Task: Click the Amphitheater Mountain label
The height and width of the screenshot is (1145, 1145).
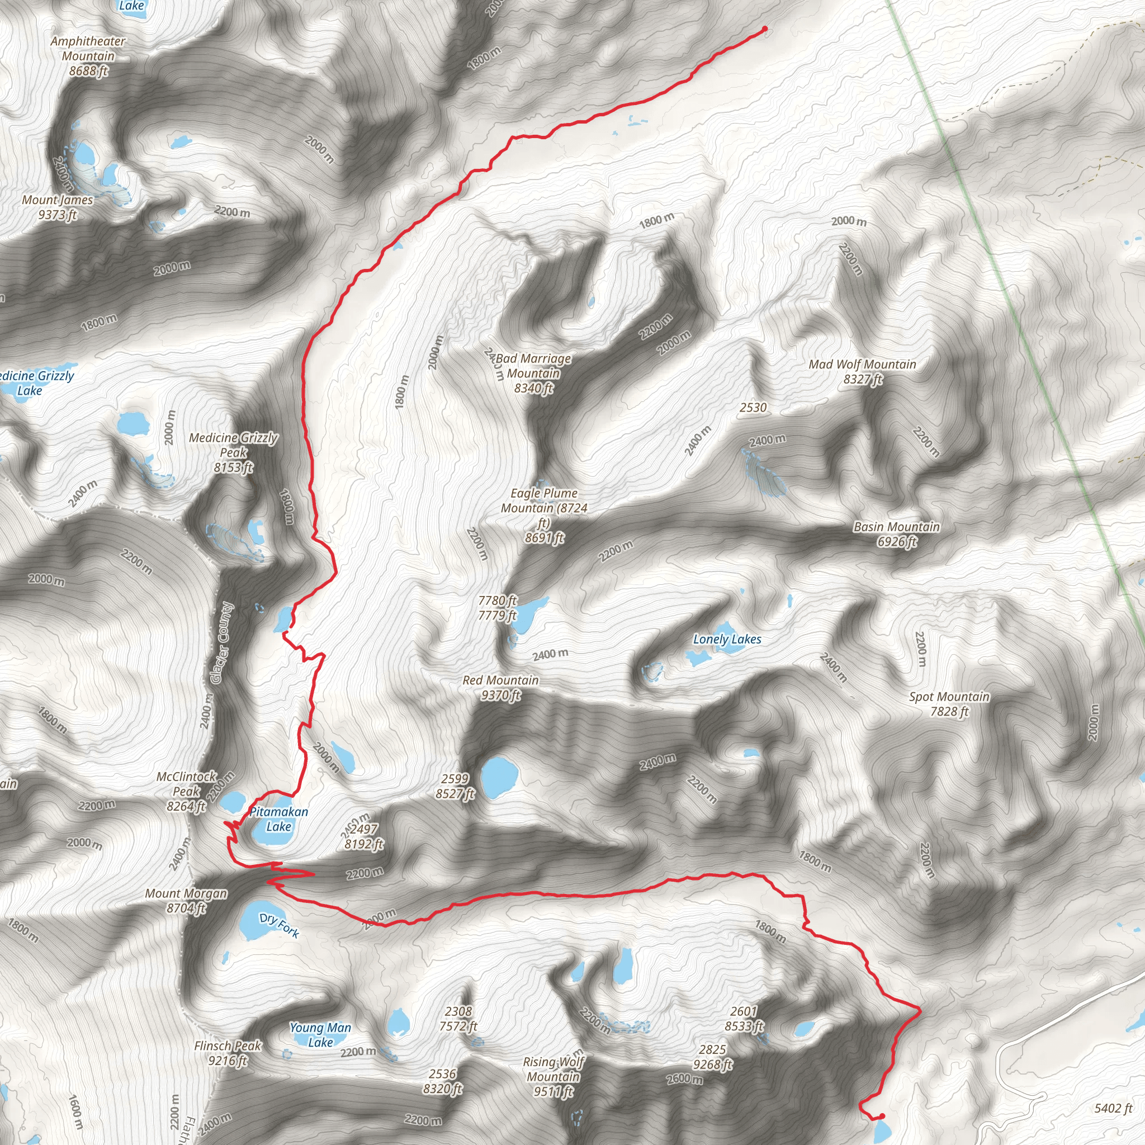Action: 88,56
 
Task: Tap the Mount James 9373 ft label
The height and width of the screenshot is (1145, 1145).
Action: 58,207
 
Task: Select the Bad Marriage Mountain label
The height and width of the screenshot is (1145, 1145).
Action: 533,373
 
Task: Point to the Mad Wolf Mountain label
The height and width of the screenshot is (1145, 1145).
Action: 862,372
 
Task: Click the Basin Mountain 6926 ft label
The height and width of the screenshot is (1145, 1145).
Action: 896,534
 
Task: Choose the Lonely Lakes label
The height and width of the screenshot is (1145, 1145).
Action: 727,640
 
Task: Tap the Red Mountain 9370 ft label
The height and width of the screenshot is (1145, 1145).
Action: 500,688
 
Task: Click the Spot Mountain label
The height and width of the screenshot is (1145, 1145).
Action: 949,703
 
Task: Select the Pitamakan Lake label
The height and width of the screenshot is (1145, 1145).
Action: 278,819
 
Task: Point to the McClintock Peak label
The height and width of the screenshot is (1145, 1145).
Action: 186,791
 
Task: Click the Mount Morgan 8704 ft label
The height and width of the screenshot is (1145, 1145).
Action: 186,900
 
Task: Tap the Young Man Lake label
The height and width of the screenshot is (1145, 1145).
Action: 320,1035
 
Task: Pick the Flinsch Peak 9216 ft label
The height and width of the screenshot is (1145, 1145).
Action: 228,1053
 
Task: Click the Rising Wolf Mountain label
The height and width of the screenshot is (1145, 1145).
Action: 553,1076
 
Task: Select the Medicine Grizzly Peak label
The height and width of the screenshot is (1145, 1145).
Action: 233,453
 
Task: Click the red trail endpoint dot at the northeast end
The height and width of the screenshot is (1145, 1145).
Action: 764,29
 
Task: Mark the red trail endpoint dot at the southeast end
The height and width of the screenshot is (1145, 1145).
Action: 882,1116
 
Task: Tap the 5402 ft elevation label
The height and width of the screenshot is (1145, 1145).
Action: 1113,1108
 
